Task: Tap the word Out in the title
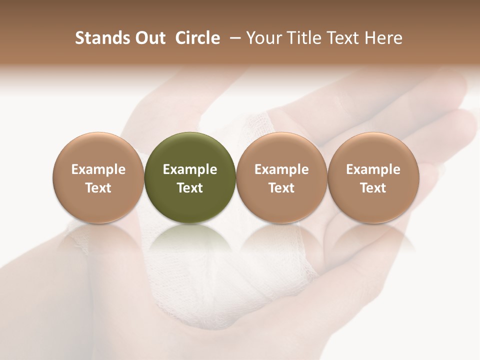click(x=149, y=38)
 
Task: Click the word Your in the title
click(x=263, y=38)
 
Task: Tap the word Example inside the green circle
click(x=190, y=169)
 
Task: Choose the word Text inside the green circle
click(x=190, y=188)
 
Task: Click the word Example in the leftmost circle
click(x=98, y=169)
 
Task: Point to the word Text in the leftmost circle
click(x=98, y=188)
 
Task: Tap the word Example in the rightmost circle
click(x=373, y=169)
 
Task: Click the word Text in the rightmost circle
click(x=373, y=188)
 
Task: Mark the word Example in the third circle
click(x=281, y=169)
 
